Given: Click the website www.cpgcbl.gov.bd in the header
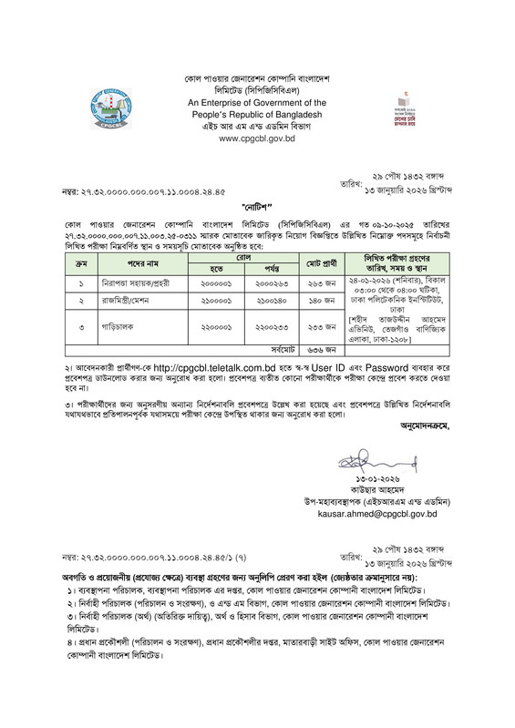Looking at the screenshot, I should pyautogui.click(x=257, y=138).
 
